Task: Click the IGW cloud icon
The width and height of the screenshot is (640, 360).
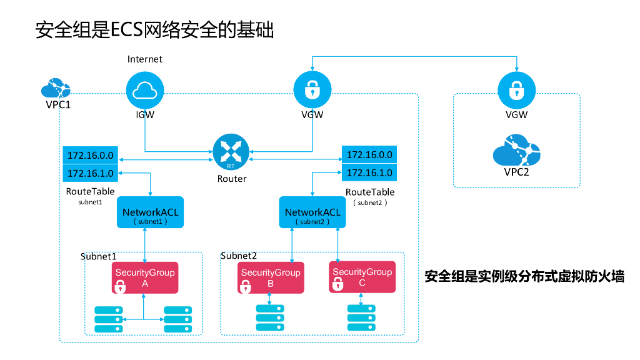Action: pyautogui.click(x=145, y=90)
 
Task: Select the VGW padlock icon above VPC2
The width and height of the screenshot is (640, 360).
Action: pyautogui.click(x=516, y=90)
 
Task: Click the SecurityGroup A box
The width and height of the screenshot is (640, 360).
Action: pyautogui.click(x=145, y=277)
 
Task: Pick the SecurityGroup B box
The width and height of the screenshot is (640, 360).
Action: pyautogui.click(x=271, y=277)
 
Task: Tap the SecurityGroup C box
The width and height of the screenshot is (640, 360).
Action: pyautogui.click(x=362, y=277)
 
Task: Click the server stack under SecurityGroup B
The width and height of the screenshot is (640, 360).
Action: pyautogui.click(x=270, y=318)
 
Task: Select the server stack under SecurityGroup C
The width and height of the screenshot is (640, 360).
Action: pyautogui.click(x=362, y=318)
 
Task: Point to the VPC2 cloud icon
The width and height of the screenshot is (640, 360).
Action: pyautogui.click(x=516, y=149)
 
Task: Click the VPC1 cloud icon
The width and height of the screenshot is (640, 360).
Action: pyautogui.click(x=56, y=88)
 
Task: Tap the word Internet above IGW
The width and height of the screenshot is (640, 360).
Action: pyautogui.click(x=144, y=59)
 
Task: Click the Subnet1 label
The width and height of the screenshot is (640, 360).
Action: pyautogui.click(x=99, y=256)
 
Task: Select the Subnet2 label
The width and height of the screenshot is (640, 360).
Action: pyautogui.click(x=239, y=256)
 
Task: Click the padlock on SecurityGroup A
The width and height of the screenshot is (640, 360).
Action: pyautogui.click(x=121, y=287)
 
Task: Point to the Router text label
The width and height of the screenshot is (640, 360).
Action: pyautogui.click(x=232, y=179)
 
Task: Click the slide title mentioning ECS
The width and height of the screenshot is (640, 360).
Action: pyautogui.click(x=155, y=30)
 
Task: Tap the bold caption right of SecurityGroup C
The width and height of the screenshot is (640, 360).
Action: pyautogui.click(x=524, y=276)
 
